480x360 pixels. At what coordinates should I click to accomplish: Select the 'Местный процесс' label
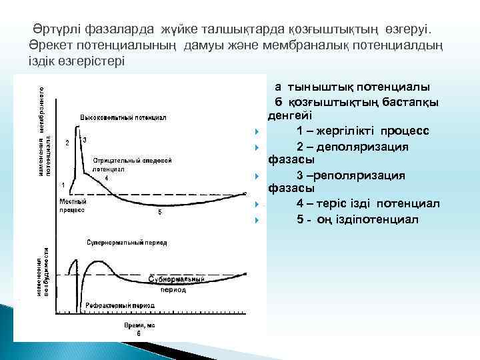point(71,205)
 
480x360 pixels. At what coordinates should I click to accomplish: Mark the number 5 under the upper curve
point(159,213)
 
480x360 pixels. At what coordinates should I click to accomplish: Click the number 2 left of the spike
point(67,143)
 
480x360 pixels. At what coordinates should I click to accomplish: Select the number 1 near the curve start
point(63,185)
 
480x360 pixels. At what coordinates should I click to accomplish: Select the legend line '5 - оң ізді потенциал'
point(358,219)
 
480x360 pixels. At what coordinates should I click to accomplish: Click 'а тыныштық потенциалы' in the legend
point(352,87)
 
